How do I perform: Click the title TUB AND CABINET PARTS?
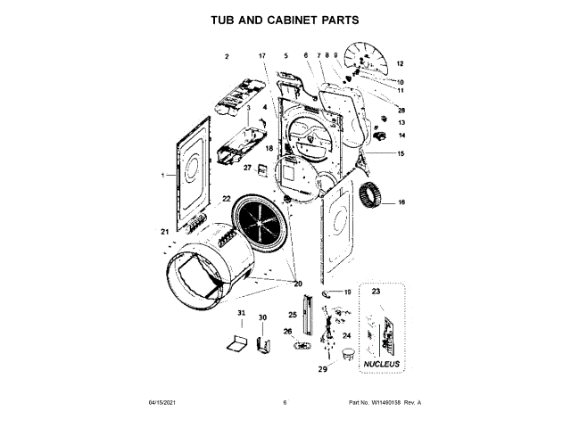[285, 19]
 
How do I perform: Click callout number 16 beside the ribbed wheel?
[401, 203]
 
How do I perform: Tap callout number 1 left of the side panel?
[163, 176]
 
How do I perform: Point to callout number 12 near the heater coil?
[401, 64]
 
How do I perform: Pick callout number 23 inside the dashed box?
[376, 292]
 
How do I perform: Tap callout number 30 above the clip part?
[262, 317]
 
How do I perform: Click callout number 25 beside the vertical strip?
[292, 314]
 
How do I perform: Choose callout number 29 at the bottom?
[323, 367]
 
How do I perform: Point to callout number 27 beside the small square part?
[248, 168]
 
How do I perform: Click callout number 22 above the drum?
[227, 199]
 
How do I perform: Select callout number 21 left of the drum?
[165, 233]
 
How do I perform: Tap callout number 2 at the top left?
[227, 56]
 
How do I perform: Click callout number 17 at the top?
[262, 56]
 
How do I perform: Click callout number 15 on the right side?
[401, 154]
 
